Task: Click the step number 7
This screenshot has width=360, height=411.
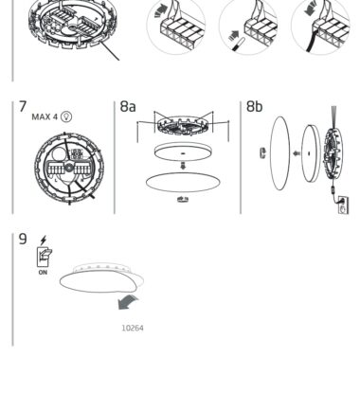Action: (x=23, y=107)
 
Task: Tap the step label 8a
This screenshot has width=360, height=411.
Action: (x=128, y=107)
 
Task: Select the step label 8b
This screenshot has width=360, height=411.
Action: (x=254, y=107)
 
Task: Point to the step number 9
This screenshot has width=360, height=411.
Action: (x=23, y=239)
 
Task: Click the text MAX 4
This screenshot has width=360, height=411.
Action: (x=45, y=116)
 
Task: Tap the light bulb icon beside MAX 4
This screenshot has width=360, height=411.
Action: (x=66, y=116)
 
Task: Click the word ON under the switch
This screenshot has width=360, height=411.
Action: (x=43, y=272)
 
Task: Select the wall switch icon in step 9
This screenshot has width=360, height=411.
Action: (x=45, y=257)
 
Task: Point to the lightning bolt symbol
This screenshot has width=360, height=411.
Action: (x=44, y=241)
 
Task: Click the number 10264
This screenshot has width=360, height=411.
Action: (x=133, y=328)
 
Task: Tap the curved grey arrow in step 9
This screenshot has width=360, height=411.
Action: (x=128, y=302)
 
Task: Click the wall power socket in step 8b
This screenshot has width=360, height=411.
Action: (x=343, y=205)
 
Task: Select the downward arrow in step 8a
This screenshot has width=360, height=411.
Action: (x=183, y=166)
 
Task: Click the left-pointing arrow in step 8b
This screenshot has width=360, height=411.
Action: (x=297, y=153)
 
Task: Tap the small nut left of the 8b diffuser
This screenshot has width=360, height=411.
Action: (x=262, y=153)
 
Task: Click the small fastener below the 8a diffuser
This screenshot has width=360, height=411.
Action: (x=183, y=199)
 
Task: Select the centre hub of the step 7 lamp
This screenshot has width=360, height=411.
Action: (x=69, y=168)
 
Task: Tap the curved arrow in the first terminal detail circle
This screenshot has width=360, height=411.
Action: (x=161, y=10)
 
